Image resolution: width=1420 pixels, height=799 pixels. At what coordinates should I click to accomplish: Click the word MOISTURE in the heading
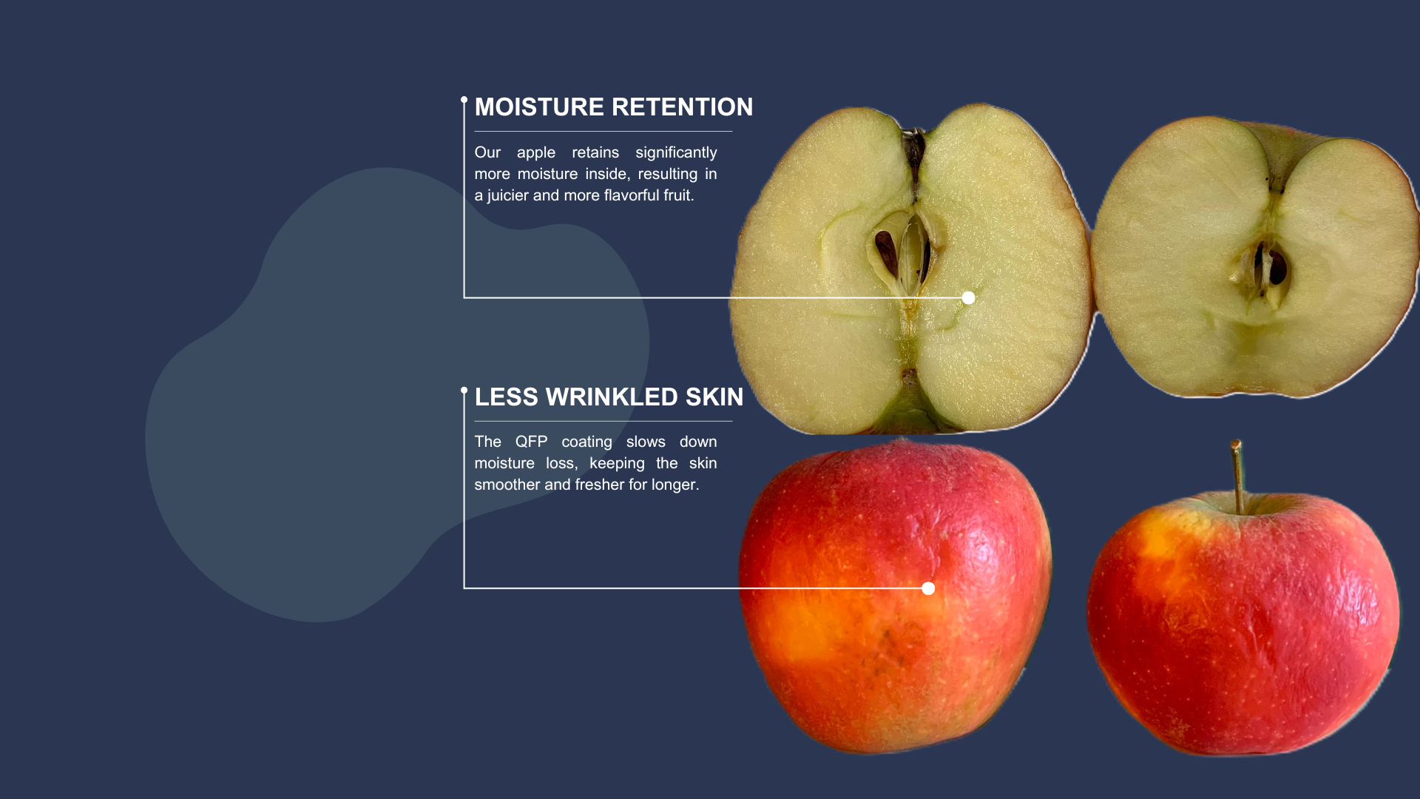point(539,107)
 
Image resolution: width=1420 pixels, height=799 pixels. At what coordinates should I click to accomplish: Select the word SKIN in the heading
point(714,397)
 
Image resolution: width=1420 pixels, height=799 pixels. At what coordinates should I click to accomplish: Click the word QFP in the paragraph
point(531,442)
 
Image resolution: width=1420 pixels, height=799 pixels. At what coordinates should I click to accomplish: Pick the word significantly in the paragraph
point(676,153)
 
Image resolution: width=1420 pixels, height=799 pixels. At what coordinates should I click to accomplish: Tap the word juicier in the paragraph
point(508,196)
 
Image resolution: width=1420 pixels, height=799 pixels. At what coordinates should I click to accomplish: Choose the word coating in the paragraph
point(586,442)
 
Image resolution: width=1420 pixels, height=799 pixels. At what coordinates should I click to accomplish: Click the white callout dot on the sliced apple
point(968,298)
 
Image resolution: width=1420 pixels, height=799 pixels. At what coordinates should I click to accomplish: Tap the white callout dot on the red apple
point(928,589)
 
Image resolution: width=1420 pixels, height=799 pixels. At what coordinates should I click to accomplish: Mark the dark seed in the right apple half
point(1277,268)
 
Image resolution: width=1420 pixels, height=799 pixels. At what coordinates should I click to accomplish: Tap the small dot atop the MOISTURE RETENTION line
point(464,100)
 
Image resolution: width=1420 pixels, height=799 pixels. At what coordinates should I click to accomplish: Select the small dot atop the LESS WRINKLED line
point(464,391)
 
